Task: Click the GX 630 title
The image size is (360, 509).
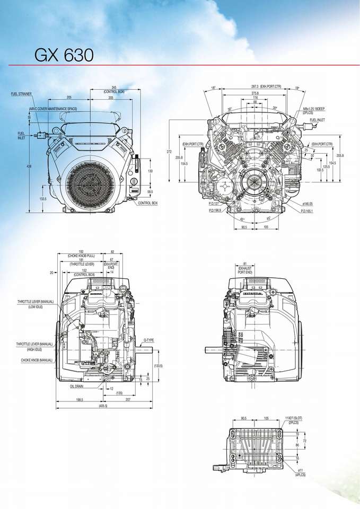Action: (64, 55)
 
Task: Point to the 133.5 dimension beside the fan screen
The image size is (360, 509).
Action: (42, 199)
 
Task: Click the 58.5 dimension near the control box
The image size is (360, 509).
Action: (150, 191)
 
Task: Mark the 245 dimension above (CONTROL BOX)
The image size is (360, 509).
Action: (114, 87)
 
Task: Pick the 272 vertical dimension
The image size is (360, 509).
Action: (169, 152)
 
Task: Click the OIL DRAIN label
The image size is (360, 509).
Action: (77, 387)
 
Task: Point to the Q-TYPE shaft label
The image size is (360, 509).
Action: (148, 339)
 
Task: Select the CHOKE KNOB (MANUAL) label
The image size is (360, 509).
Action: (37, 360)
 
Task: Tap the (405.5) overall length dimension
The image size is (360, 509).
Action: (103, 406)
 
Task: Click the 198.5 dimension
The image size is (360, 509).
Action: (80, 399)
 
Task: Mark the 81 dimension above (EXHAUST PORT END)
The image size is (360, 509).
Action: (245, 264)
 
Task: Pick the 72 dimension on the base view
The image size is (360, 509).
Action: (304, 440)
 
